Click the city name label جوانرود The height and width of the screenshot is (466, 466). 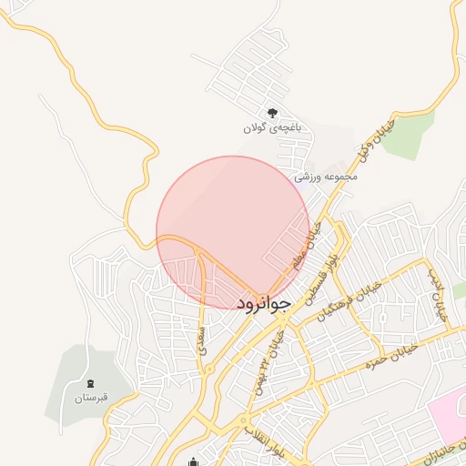[x=263, y=304]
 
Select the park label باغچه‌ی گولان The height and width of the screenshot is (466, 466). [x=271, y=128]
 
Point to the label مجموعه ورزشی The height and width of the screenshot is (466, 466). [x=326, y=176]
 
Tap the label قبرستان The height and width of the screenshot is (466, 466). [x=90, y=399]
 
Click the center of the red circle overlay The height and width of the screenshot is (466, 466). [x=233, y=232]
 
